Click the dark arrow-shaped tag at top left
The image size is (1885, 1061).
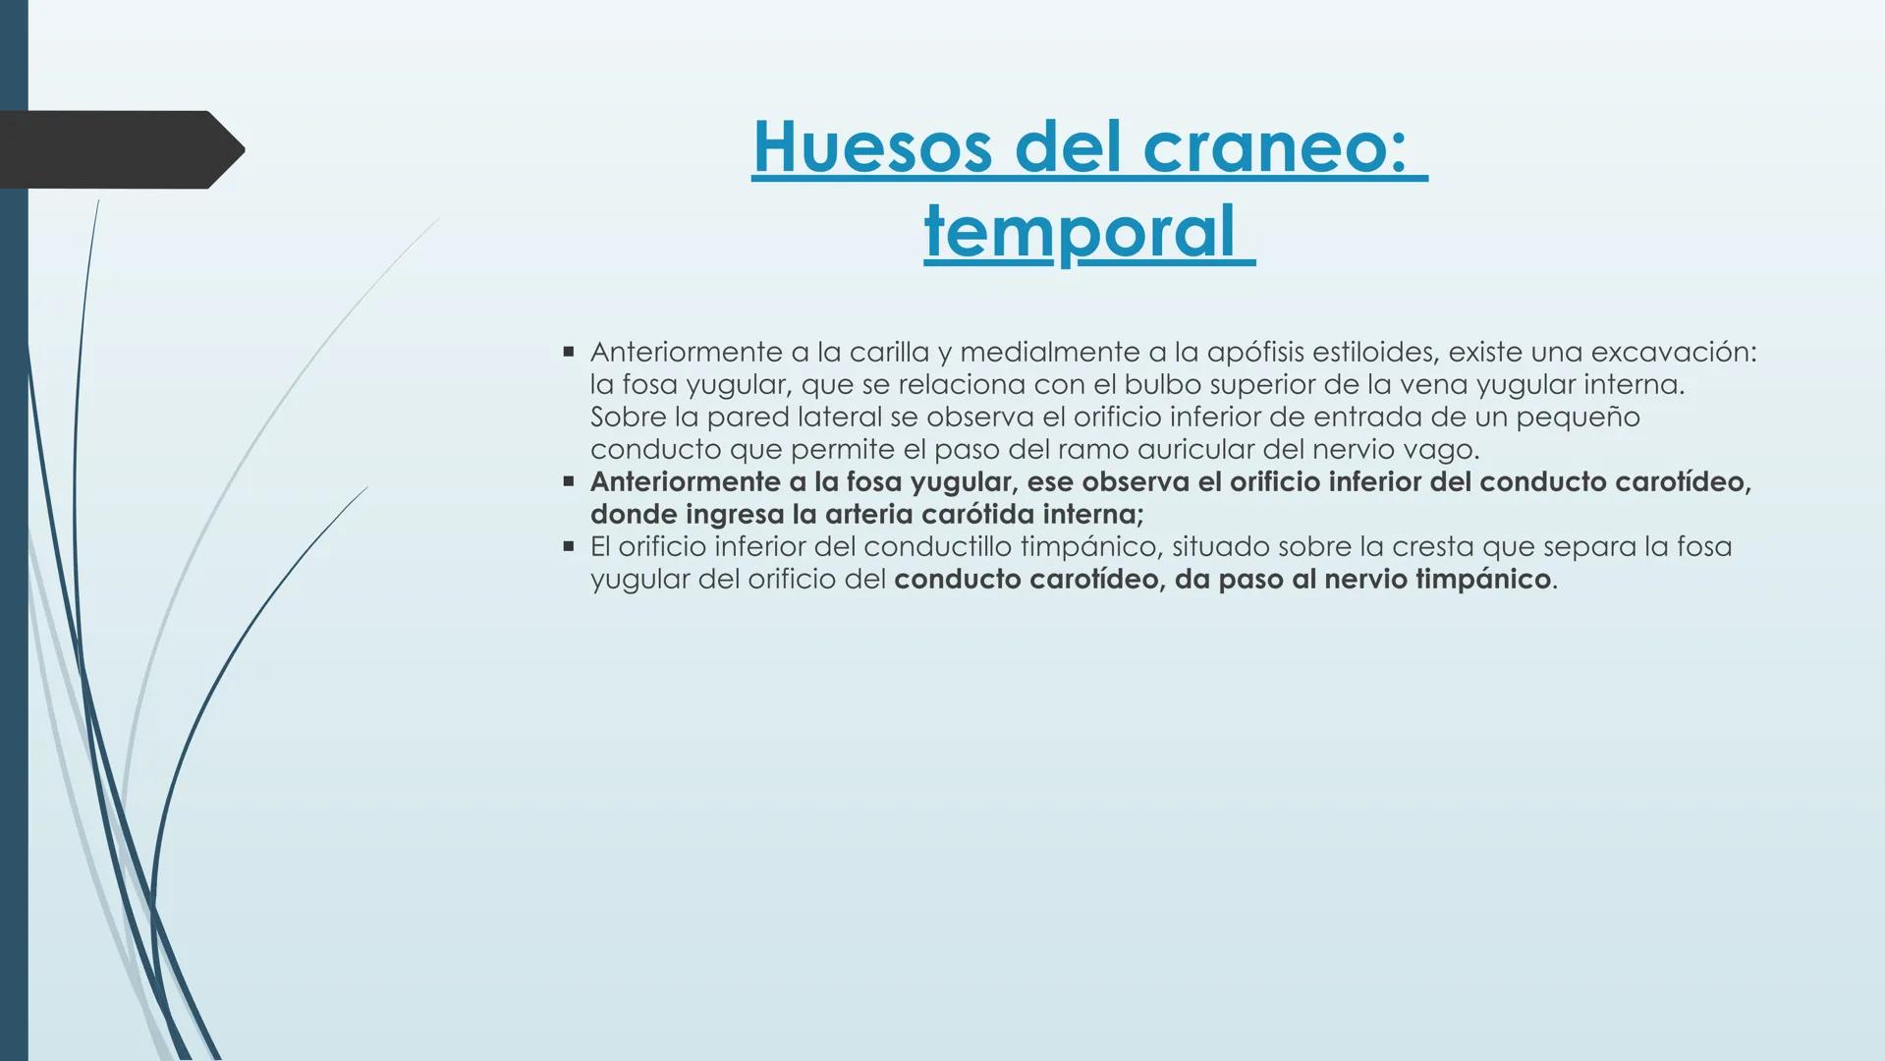[118, 149]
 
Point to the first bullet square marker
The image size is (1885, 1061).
[568, 351]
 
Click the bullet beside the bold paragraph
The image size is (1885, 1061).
[568, 481]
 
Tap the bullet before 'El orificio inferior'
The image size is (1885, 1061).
[568, 546]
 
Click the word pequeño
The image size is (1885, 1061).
[1578, 418]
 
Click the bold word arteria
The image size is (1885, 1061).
[869, 515]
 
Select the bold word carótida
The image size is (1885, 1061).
[970, 515]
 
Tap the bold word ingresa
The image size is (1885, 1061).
[728, 515]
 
